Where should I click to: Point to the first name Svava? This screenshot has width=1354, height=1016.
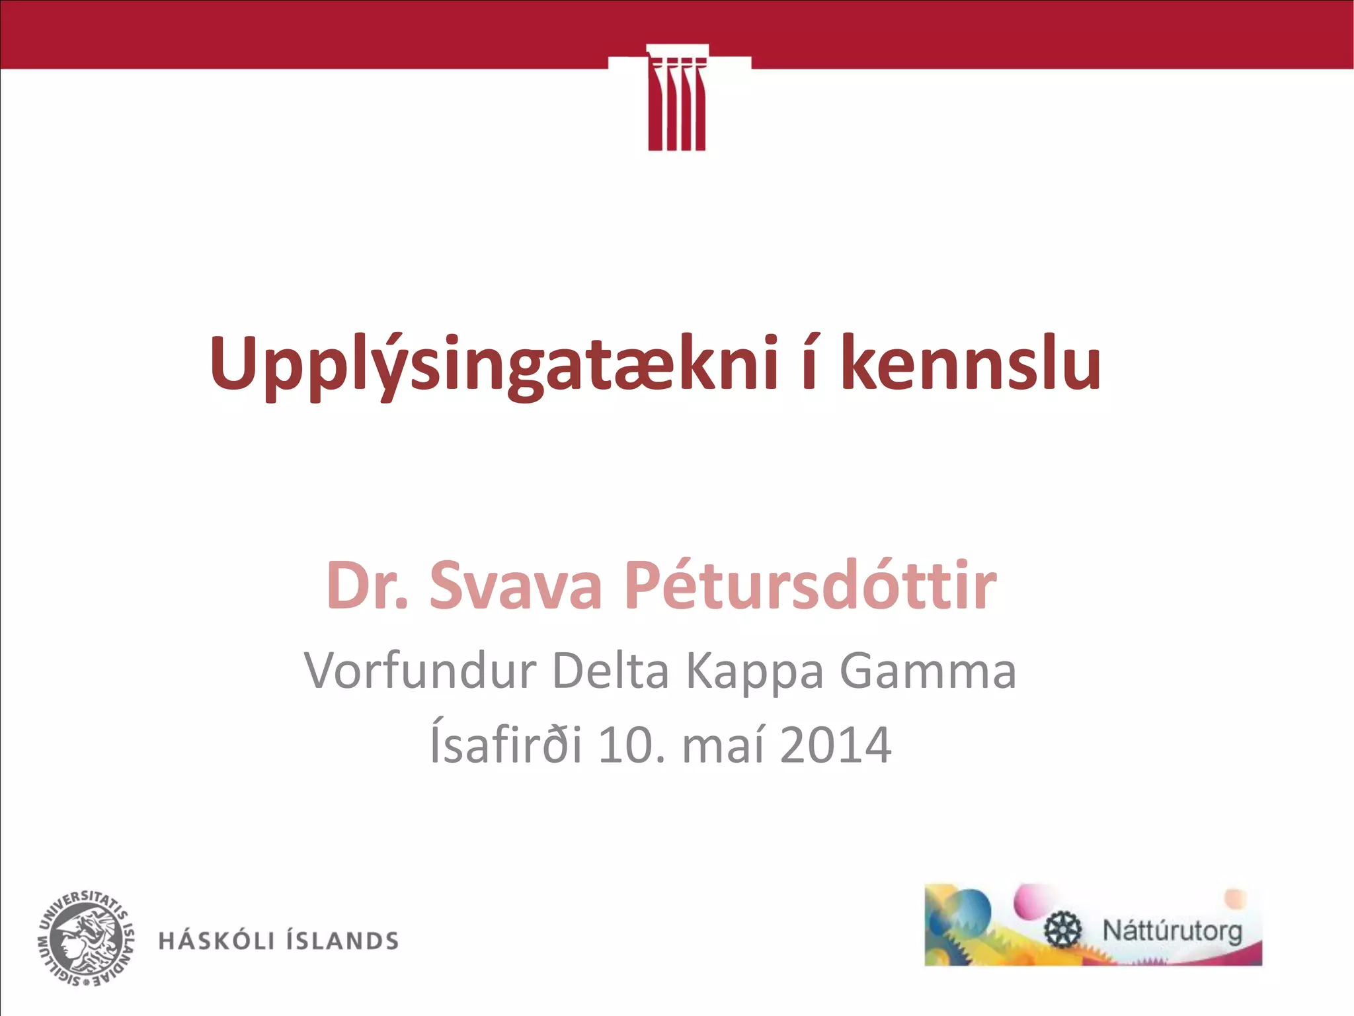point(516,585)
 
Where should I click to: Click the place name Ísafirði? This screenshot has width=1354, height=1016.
point(506,744)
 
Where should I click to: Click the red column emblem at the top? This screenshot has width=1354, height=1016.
point(677,99)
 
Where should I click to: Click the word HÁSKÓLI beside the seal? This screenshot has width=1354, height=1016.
point(216,941)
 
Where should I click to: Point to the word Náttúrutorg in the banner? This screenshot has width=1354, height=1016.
point(1172,931)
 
